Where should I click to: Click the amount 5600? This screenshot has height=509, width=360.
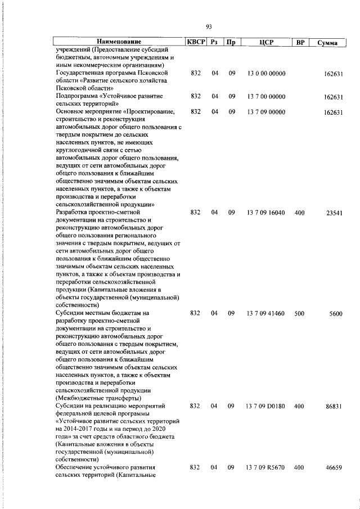click(x=336, y=313)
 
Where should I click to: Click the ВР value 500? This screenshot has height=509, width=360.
click(x=299, y=313)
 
